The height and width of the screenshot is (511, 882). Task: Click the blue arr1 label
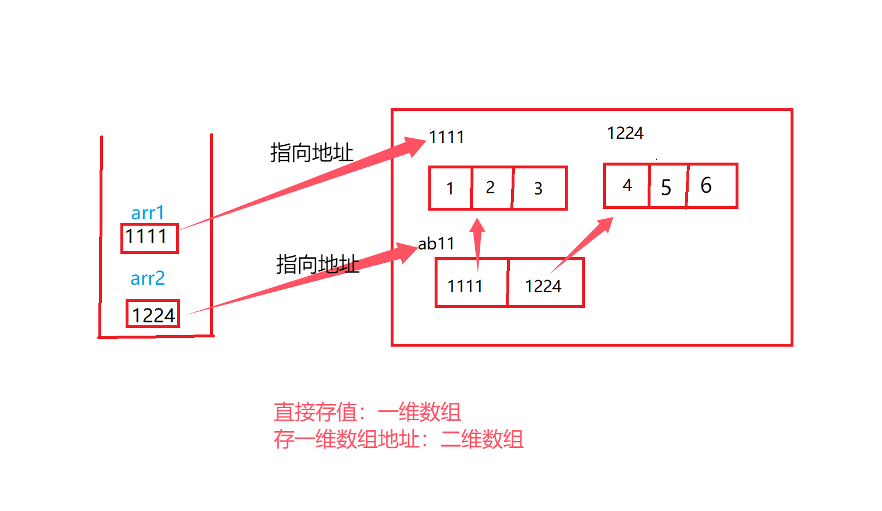click(x=148, y=213)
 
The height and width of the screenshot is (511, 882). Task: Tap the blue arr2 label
click(x=148, y=278)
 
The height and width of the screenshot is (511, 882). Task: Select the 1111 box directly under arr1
click(x=149, y=238)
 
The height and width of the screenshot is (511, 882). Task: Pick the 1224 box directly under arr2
click(x=153, y=314)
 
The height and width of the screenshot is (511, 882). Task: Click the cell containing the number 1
click(x=450, y=188)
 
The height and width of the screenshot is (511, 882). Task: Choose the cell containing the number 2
click(x=491, y=188)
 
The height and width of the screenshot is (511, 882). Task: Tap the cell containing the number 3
click(x=539, y=188)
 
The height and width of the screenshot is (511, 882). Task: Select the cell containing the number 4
click(x=627, y=186)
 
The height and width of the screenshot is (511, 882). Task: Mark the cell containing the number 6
click(x=711, y=186)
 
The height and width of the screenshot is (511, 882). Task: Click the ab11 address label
click(x=436, y=244)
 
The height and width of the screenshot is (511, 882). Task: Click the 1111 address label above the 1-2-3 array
click(x=446, y=137)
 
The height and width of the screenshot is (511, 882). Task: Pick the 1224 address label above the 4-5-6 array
click(x=625, y=133)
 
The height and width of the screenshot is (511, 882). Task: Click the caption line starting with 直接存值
click(x=367, y=413)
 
